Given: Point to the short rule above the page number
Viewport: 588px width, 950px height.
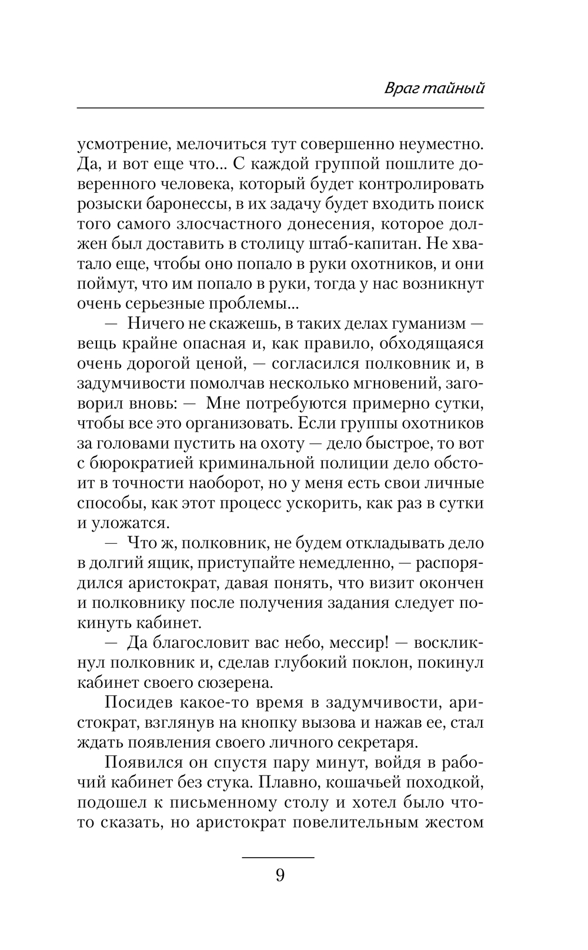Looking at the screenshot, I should point(278,858).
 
